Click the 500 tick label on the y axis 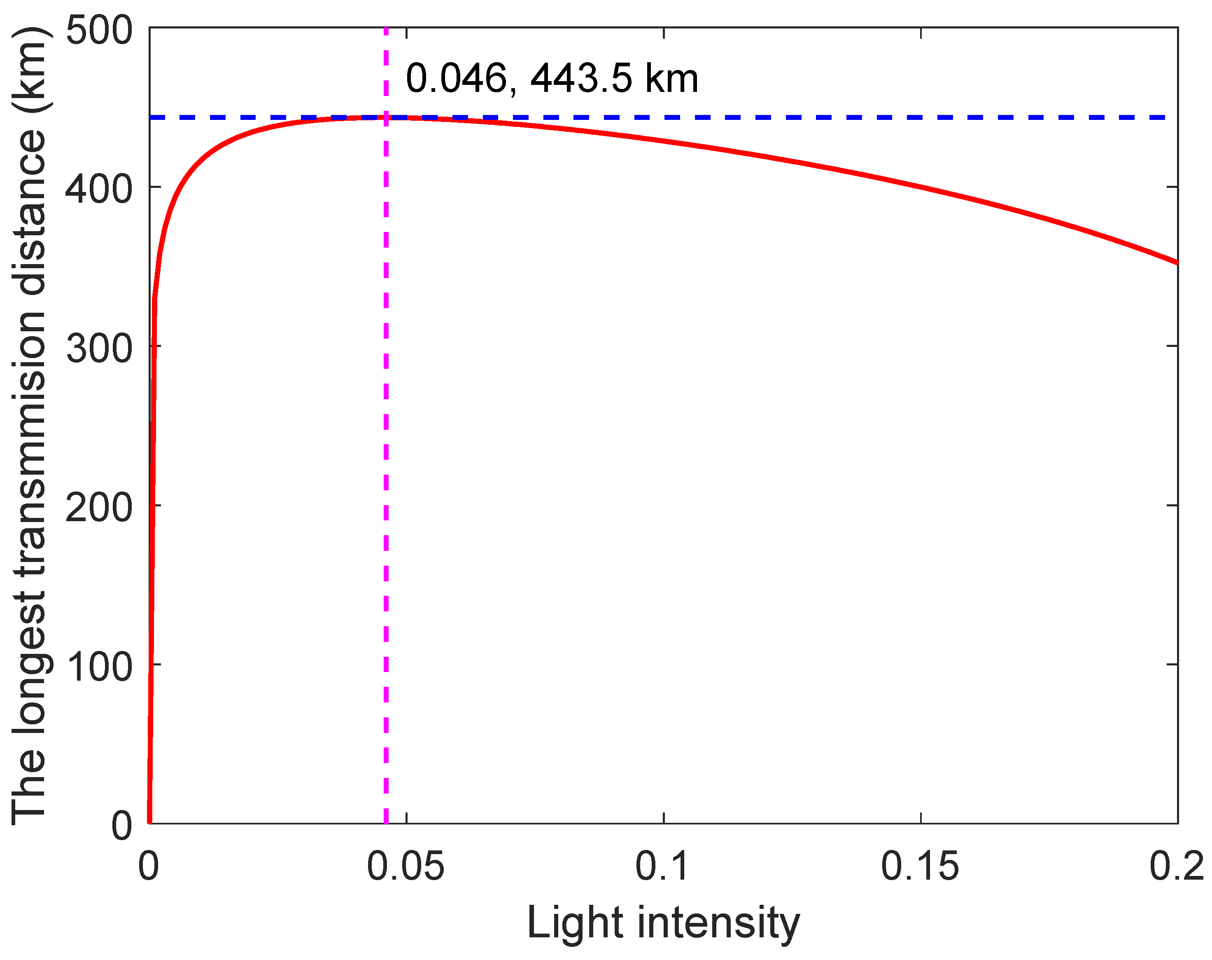(x=99, y=30)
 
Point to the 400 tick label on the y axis (x=99, y=189)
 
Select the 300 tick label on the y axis (x=99, y=348)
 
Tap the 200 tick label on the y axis (x=99, y=507)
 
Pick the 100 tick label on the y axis (x=99, y=667)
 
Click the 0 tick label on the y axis (x=121, y=826)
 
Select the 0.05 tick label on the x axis (x=406, y=866)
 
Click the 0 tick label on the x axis (x=149, y=866)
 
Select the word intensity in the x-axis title (x=718, y=923)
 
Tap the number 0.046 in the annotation (x=456, y=78)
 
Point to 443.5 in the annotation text (x=581, y=78)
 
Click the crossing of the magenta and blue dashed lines (x=386, y=117)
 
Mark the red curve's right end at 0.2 (x=1177, y=262)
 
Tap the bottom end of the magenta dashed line (x=386, y=822)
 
